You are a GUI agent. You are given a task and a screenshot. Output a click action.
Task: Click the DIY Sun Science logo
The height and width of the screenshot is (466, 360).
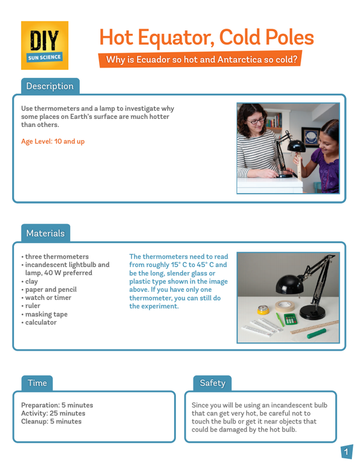pos(45,45)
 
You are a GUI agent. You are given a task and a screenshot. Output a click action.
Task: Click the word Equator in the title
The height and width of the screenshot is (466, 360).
pos(176,38)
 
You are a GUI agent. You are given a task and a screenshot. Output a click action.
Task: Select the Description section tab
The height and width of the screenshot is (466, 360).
pos(50,86)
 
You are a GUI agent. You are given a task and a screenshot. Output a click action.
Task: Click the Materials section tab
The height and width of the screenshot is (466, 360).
pos(45,233)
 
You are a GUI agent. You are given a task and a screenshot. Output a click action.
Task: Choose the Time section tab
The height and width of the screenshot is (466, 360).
pos(37,383)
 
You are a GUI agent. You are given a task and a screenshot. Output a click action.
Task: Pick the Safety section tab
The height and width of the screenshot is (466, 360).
pos(212,383)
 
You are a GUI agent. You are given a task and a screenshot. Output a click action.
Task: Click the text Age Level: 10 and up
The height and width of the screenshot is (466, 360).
pos(53,142)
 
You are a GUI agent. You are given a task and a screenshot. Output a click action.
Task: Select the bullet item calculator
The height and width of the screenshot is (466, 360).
pos(39,323)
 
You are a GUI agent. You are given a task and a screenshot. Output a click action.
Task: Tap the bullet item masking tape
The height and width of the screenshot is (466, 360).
pos(45,314)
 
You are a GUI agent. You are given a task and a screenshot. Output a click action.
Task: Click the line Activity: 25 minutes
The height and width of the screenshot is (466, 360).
pos(53,414)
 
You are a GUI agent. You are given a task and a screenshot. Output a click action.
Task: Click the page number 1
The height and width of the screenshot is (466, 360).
pos(346,452)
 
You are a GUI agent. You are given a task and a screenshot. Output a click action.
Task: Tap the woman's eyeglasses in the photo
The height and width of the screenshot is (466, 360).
pos(255,121)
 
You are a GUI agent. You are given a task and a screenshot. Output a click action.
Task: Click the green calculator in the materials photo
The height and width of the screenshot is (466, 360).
pos(291,319)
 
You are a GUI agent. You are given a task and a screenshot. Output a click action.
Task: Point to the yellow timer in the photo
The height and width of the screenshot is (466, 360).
pos(263,310)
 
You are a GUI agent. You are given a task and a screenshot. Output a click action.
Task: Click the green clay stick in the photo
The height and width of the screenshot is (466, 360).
pos(316,333)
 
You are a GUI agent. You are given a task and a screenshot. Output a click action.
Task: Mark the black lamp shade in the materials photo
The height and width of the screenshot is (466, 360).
pos(290,284)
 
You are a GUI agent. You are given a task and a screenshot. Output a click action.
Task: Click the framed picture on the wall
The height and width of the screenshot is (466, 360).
pos(310,137)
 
